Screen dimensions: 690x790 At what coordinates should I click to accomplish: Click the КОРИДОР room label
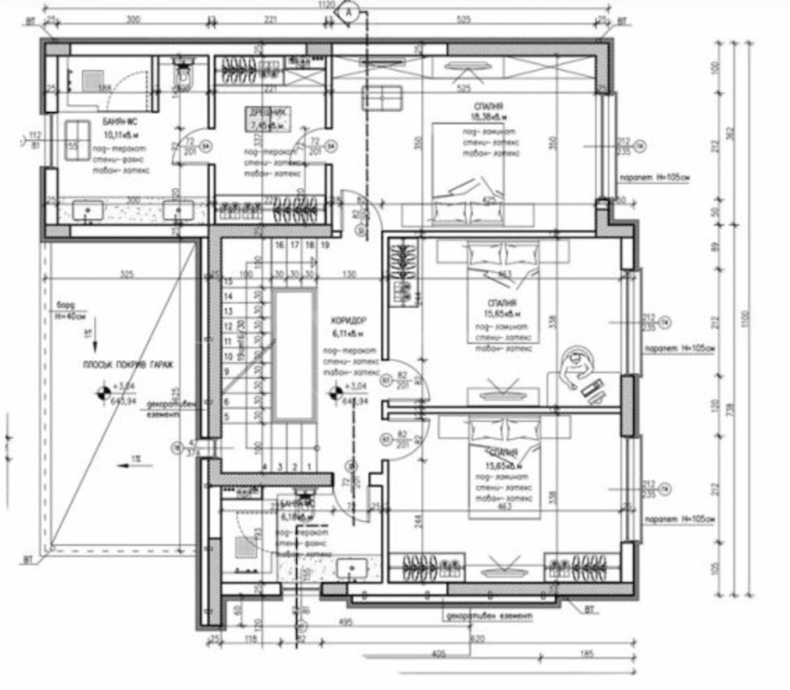[x=349, y=321]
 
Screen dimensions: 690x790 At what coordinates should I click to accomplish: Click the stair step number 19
[x=324, y=245]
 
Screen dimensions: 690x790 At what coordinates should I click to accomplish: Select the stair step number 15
[x=228, y=281]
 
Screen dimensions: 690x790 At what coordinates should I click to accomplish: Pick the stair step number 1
[x=310, y=466]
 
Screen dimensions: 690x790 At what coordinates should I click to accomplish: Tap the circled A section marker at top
[x=349, y=12]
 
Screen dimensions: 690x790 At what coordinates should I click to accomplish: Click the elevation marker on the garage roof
[x=104, y=393]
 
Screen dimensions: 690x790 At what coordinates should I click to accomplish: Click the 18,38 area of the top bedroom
[x=489, y=117]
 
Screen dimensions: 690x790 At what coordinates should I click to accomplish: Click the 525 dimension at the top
[x=464, y=20]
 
